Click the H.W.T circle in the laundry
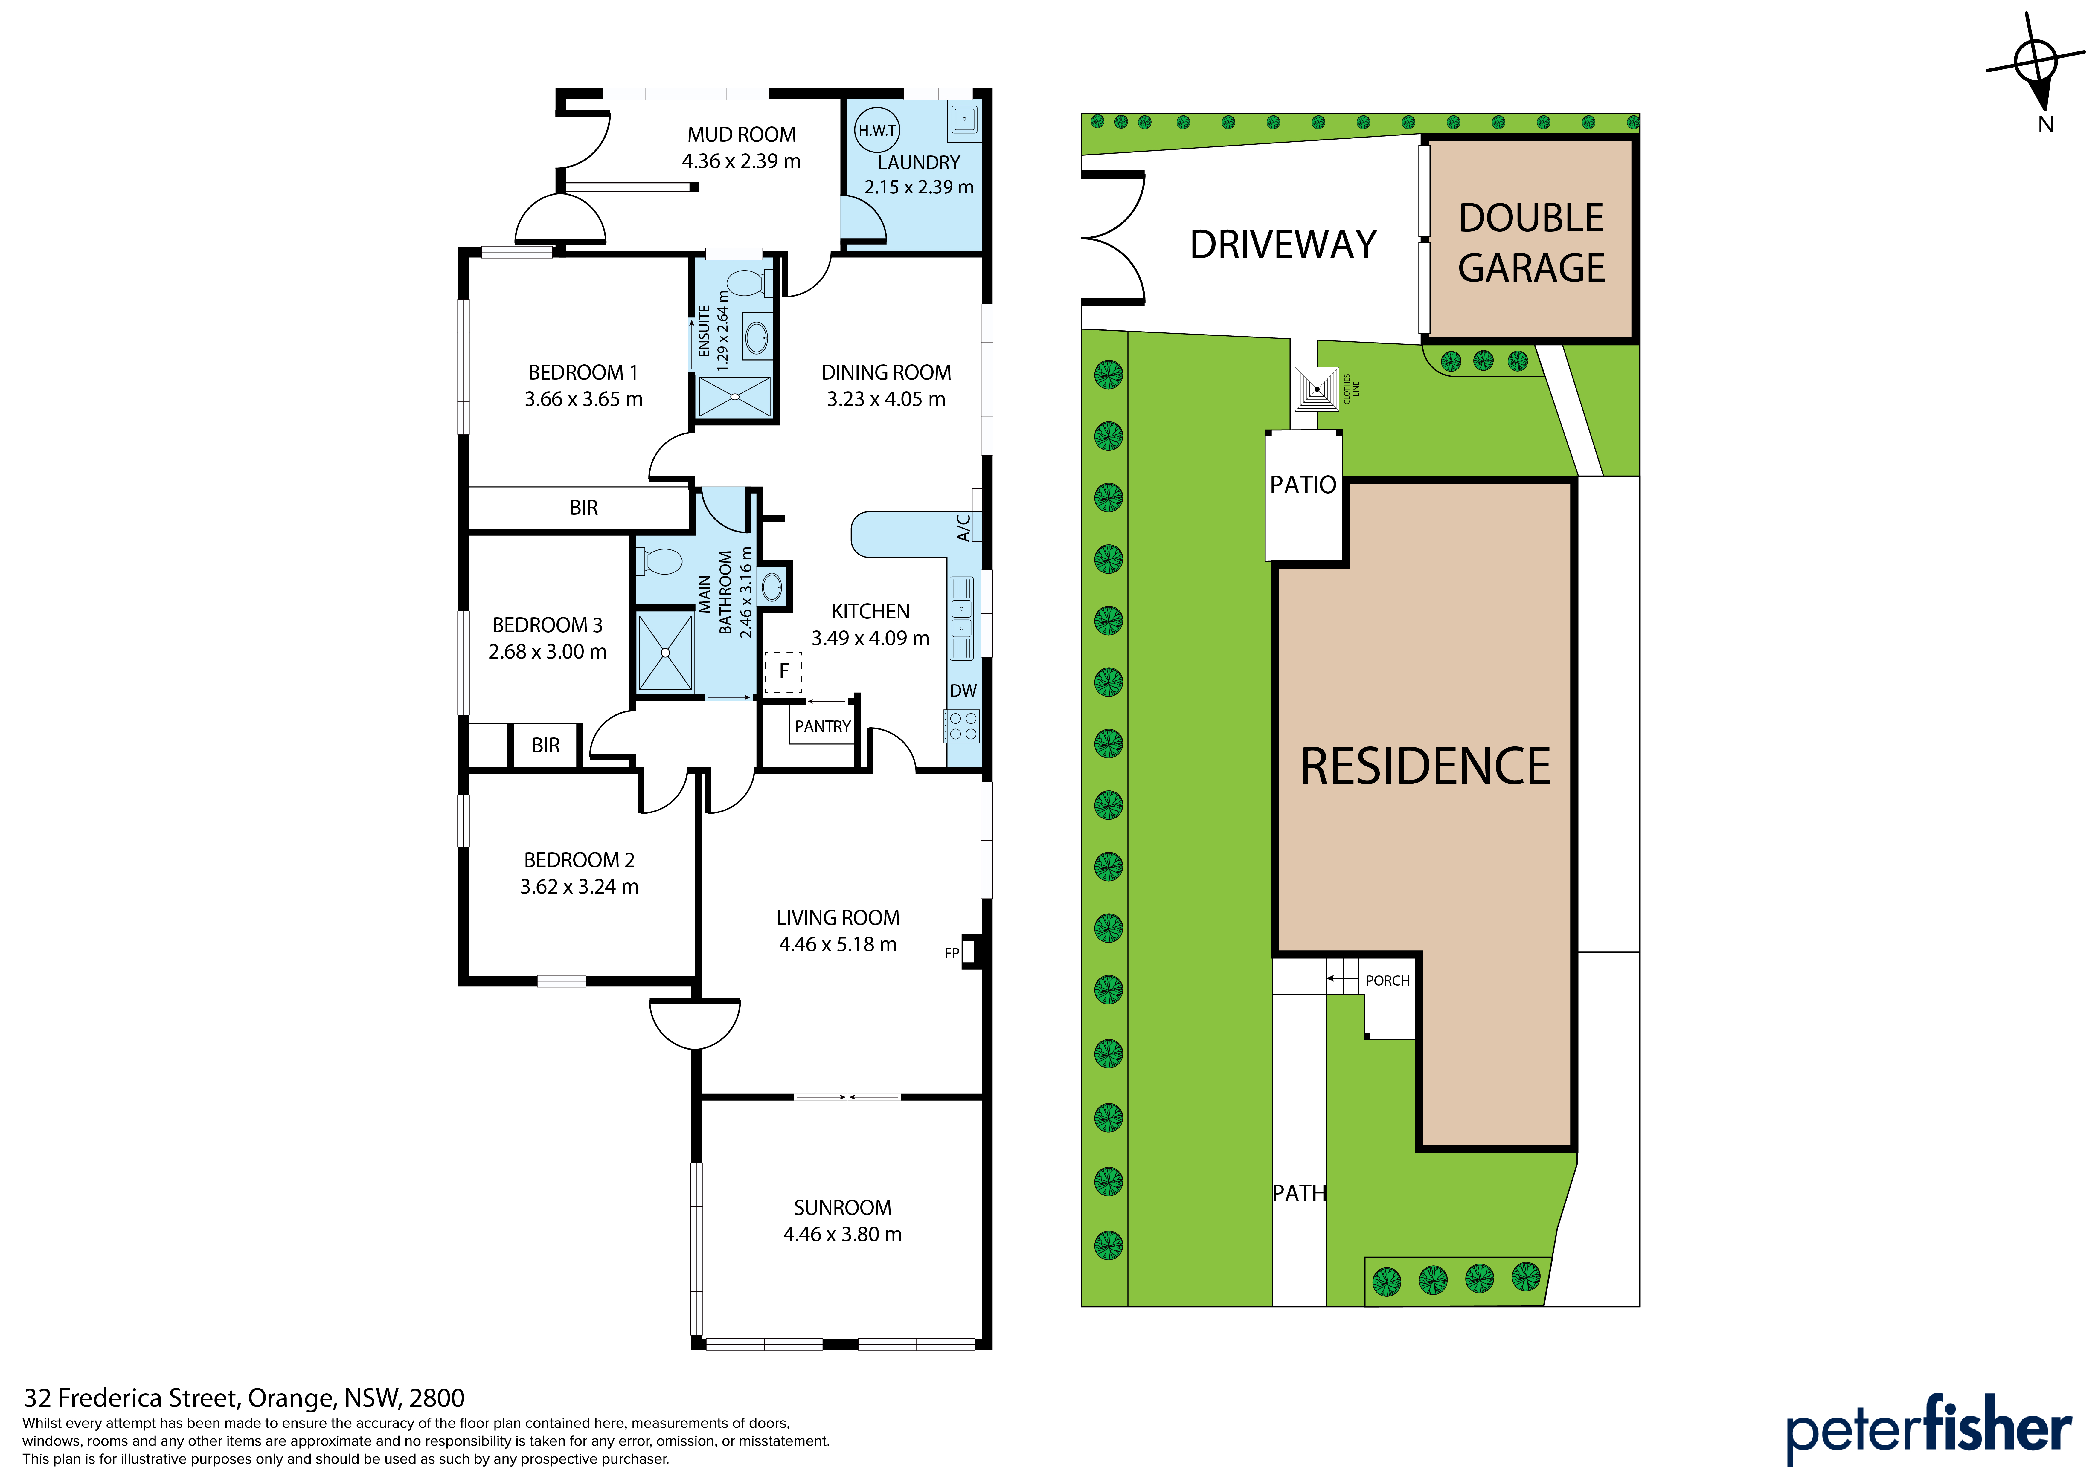877,131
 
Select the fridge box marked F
783,672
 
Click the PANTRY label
822,726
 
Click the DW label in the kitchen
963,691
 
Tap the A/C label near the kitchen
963,528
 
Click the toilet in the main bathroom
658,561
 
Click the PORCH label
1387,980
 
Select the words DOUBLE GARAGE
1531,243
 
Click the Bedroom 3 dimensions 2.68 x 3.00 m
547,651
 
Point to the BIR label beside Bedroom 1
584,508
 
